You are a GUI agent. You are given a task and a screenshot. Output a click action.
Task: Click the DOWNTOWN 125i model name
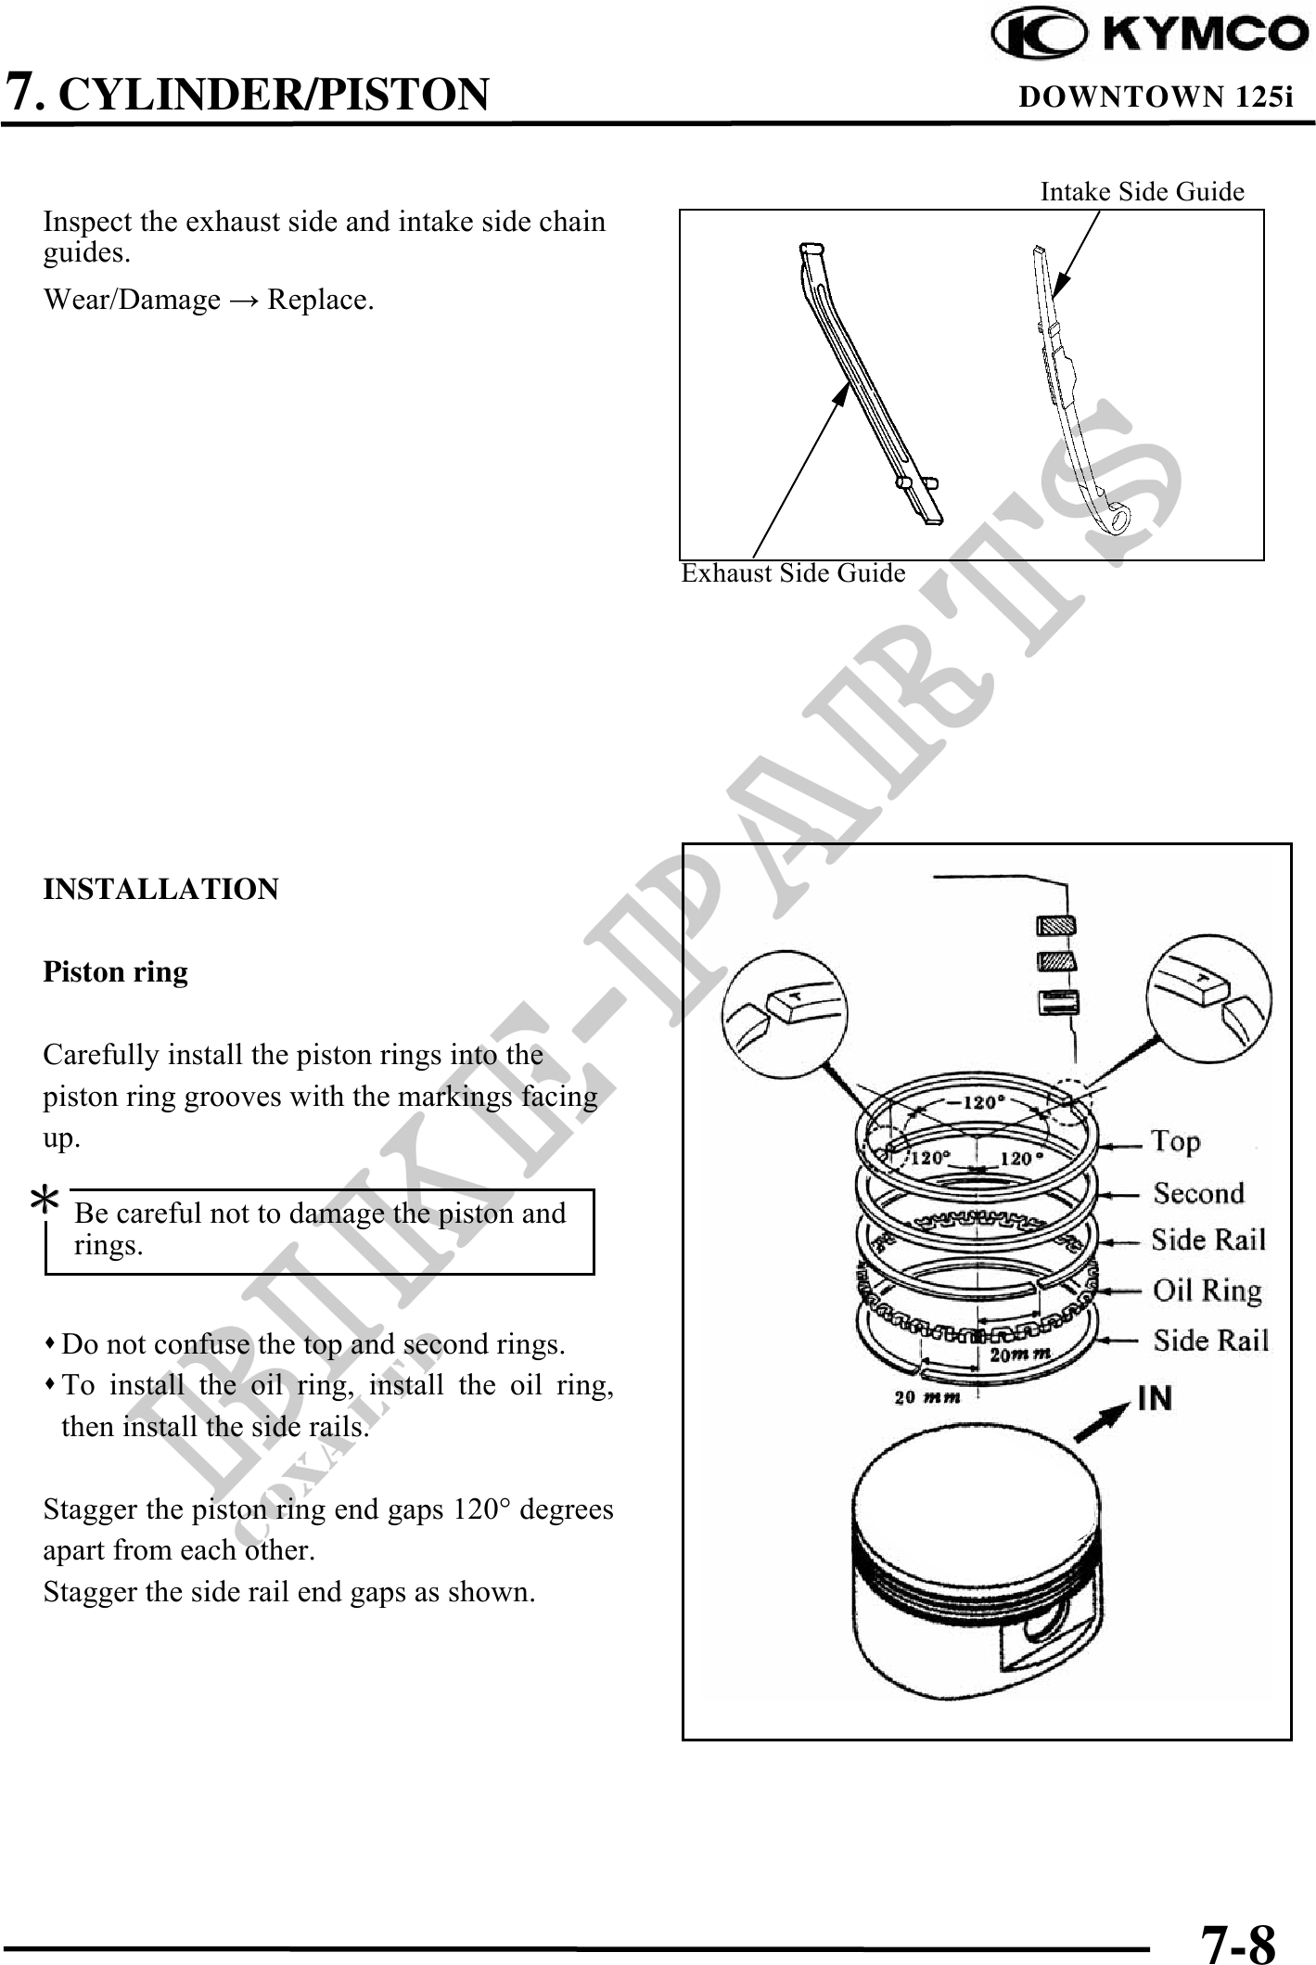click(1156, 96)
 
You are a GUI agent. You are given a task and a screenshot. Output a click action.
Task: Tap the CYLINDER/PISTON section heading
click(279, 94)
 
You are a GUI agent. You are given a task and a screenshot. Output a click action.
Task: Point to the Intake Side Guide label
click(1143, 191)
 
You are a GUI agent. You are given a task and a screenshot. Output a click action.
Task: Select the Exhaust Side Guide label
click(794, 573)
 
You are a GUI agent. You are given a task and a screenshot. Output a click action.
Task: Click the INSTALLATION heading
click(161, 889)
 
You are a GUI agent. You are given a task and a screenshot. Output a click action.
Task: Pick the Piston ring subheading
click(116, 972)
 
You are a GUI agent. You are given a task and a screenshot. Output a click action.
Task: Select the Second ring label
click(1198, 1192)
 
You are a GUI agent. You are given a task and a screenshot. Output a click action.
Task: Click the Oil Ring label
click(1207, 1290)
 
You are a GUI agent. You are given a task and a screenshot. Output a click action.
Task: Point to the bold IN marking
click(1154, 1397)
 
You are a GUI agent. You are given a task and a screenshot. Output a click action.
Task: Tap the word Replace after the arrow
click(321, 301)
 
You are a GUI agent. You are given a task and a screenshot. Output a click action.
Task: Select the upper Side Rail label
click(1208, 1240)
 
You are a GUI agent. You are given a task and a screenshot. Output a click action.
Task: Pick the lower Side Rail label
click(1211, 1341)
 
